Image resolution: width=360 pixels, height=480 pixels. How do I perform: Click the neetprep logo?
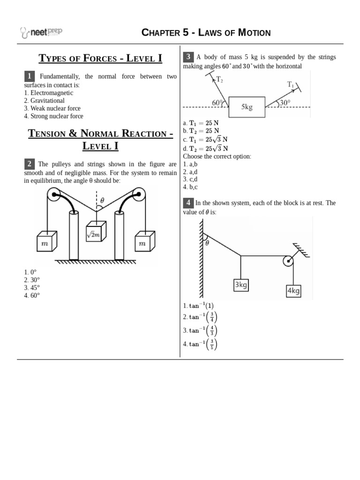[x=41, y=32]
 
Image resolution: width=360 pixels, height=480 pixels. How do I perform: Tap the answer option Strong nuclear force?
[x=53, y=116]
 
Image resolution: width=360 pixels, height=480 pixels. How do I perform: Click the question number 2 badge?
[x=29, y=164]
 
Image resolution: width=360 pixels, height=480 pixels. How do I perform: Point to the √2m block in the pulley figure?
[x=96, y=232]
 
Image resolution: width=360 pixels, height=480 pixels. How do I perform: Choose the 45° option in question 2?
[x=32, y=287]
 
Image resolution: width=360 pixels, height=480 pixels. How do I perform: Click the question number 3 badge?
[x=188, y=57]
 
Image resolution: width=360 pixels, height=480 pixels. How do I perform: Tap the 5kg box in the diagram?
[x=247, y=107]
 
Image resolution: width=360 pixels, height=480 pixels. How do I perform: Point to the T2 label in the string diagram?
[x=219, y=80]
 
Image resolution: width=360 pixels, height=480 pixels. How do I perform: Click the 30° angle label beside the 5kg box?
[x=285, y=103]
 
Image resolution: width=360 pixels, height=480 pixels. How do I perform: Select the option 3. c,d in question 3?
[x=190, y=179]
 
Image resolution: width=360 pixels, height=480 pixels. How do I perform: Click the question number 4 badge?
[x=188, y=203]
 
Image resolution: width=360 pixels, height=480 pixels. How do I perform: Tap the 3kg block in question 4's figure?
[x=240, y=285]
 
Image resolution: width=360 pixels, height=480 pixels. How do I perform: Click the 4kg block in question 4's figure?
[x=293, y=291]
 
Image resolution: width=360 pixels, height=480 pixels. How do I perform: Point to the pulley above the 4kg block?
[x=288, y=261]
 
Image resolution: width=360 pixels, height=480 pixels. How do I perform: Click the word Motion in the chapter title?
[x=254, y=32]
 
